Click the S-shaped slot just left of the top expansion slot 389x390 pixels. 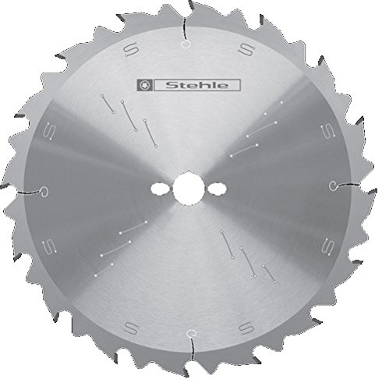(129, 50)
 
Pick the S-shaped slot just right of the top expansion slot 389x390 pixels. (246, 50)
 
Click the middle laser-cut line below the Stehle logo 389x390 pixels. (127, 112)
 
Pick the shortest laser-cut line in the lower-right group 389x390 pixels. (269, 273)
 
